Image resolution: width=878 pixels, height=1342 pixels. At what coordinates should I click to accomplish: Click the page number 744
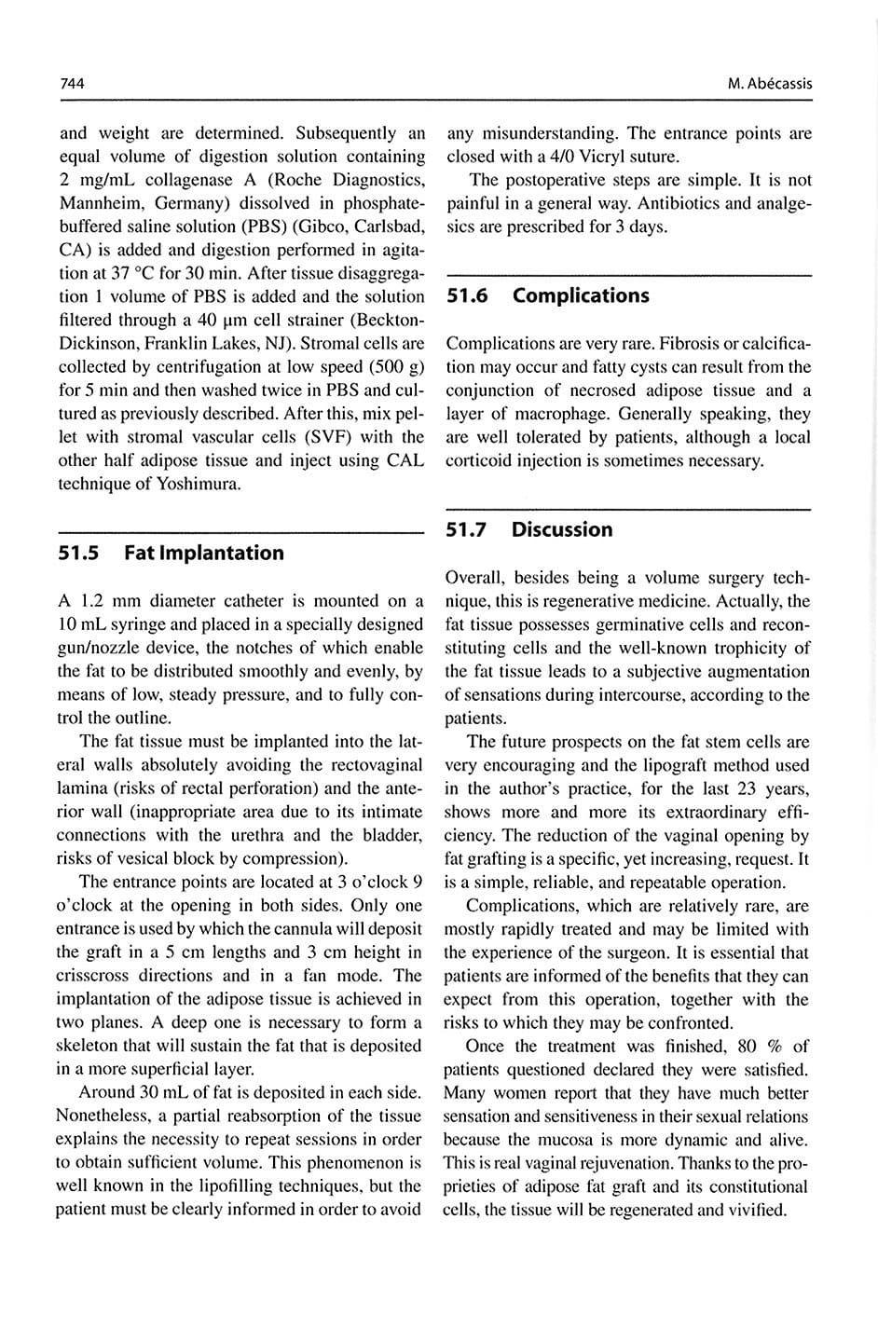(72, 84)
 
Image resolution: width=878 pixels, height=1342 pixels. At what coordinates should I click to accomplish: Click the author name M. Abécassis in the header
(769, 84)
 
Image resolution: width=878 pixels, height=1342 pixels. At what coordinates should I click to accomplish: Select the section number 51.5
(78, 553)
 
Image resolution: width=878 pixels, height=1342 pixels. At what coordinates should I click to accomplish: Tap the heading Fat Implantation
(203, 553)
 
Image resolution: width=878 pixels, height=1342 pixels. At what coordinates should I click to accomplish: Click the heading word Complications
(581, 295)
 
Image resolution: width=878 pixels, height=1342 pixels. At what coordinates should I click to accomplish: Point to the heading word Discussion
(562, 529)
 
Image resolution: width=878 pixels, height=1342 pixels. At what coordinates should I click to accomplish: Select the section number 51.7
(466, 529)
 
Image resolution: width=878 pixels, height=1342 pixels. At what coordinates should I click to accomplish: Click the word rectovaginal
(376, 765)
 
